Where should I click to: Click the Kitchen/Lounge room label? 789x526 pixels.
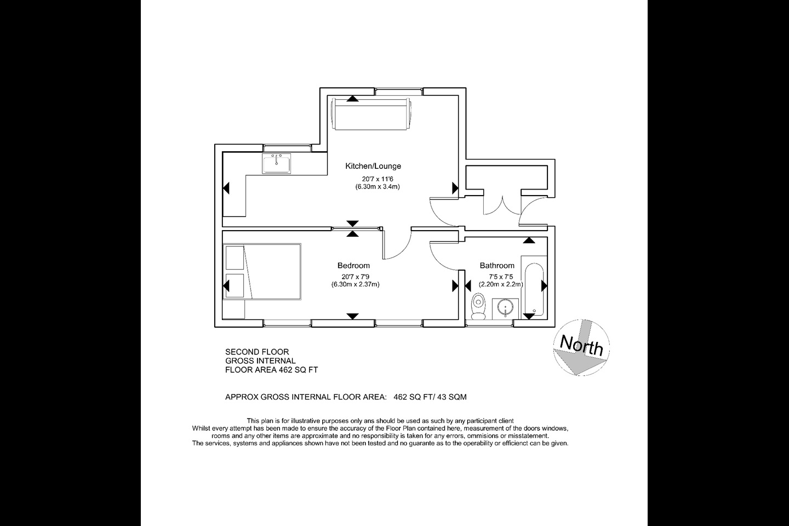(373, 166)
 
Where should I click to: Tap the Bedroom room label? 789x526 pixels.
(353, 266)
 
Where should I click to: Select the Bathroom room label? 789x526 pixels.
(497, 266)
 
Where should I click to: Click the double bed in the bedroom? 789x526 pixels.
(262, 272)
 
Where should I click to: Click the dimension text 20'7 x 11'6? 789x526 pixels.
(377, 179)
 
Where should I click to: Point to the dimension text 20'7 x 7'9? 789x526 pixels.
(355, 277)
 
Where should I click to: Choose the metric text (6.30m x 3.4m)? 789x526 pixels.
(377, 187)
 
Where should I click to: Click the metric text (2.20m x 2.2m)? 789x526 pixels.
(500, 284)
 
